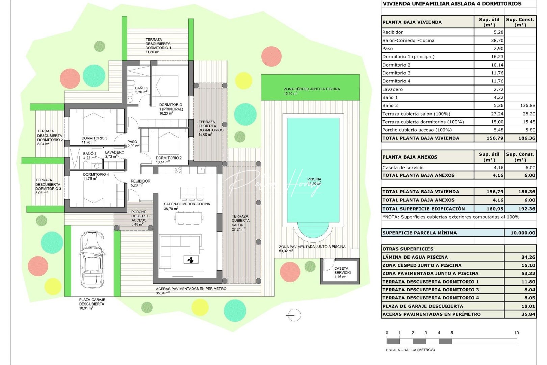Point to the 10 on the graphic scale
pyautogui.click(x=516, y=333)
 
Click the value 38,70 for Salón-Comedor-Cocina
pyautogui.click(x=497, y=41)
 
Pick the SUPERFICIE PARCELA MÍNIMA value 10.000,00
pyautogui.click(x=522, y=233)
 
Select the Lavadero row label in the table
pyautogui.click(x=392, y=90)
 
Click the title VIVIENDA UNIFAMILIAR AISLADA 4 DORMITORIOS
pyautogui.click(x=452, y=4)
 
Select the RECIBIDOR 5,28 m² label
pyautogui.click(x=140, y=183)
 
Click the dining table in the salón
pyautogui.click(x=189, y=218)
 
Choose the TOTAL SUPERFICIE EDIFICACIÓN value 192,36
pyautogui.click(x=526, y=209)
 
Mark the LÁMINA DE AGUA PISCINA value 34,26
pyautogui.click(x=528, y=257)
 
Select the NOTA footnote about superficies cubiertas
pyautogui.click(x=450, y=217)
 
